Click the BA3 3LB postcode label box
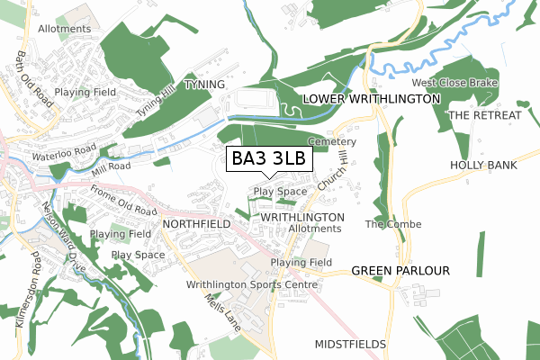click(x=269, y=159)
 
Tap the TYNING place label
click(x=202, y=84)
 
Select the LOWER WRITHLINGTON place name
click(x=372, y=97)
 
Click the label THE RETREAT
click(x=484, y=115)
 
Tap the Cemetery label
click(x=332, y=142)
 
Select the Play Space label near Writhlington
click(x=280, y=192)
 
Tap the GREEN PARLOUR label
click(x=400, y=270)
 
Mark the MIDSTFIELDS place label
click(x=351, y=345)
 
